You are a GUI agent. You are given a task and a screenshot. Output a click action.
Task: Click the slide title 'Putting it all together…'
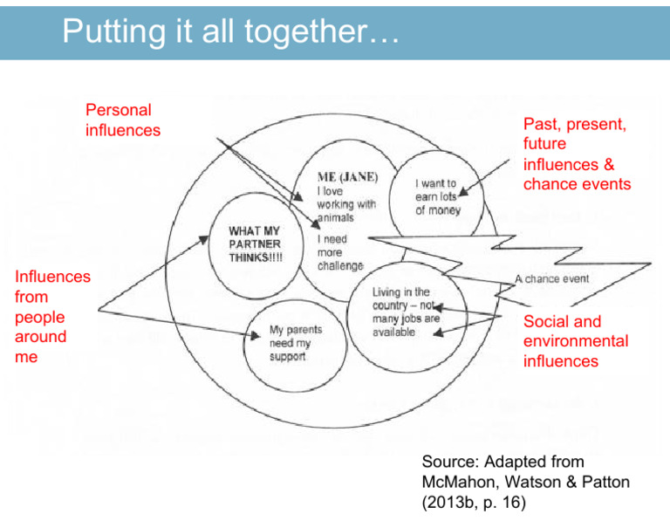coord(230,34)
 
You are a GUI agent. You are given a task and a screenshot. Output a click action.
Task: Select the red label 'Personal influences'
coord(122,120)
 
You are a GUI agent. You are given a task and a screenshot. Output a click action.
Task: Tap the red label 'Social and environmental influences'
coord(575,341)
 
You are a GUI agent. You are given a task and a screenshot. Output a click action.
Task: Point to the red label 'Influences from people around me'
coord(52,317)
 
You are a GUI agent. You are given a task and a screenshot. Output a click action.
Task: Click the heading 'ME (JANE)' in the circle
coord(347,177)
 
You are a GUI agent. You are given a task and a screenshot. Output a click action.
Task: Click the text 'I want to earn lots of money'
coord(437,197)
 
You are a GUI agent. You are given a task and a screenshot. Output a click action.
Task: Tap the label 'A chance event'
coord(551,279)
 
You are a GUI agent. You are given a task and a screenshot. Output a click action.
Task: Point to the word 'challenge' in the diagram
coord(340,264)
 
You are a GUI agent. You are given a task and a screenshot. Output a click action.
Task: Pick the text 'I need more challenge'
coord(339,251)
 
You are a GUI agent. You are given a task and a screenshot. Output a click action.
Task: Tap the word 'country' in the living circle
coord(393,306)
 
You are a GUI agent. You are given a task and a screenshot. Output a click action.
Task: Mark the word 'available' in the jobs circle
coord(394,332)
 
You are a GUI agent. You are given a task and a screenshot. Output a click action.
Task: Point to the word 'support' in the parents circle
coord(287,358)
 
